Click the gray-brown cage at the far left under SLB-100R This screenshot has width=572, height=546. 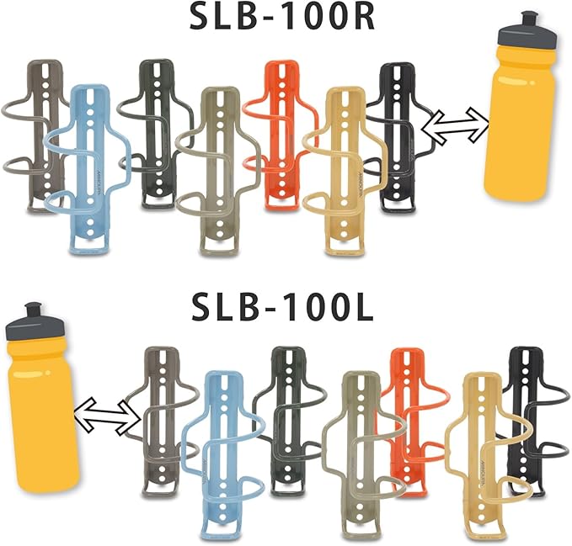(43, 126)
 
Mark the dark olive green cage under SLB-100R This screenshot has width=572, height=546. (156, 126)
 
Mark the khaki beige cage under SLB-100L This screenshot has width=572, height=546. (358, 446)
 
